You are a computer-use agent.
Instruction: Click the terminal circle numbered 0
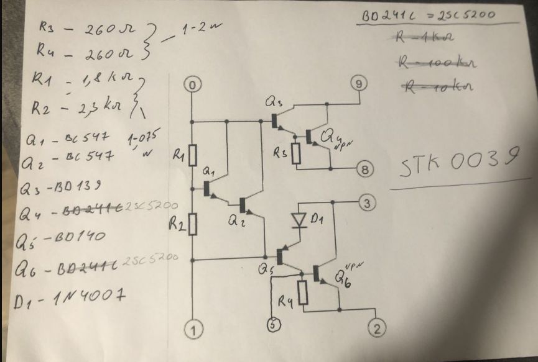pyautogui.click(x=193, y=85)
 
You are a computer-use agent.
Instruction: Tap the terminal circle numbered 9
pyautogui.click(x=359, y=83)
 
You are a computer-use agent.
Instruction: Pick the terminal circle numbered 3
pyautogui.click(x=367, y=203)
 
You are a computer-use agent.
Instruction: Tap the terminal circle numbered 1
pyautogui.click(x=193, y=330)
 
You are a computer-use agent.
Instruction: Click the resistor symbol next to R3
pyautogui.click(x=297, y=150)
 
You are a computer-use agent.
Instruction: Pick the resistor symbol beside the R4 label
pyautogui.click(x=304, y=292)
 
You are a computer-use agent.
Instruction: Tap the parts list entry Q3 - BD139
pyautogui.click(x=65, y=186)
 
